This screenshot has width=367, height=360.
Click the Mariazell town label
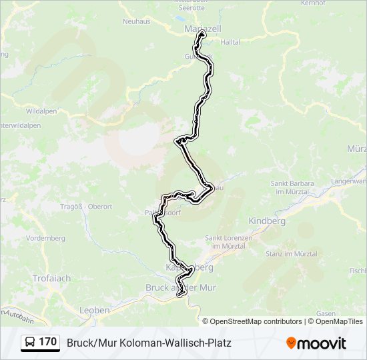tap(202, 29)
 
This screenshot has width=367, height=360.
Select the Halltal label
tap(230, 41)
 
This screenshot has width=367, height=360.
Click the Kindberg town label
tap(266, 221)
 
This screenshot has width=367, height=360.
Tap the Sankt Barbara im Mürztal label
tap(297, 187)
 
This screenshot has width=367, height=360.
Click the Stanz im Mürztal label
tap(292, 254)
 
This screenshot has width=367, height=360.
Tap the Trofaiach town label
tap(49, 277)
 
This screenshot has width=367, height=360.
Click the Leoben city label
tap(94, 310)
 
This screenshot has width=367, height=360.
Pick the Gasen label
tap(326, 313)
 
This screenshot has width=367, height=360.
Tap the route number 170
tap(47, 342)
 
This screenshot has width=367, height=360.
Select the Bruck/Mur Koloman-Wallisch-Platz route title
tap(149, 343)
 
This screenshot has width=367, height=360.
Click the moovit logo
tap(316, 343)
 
